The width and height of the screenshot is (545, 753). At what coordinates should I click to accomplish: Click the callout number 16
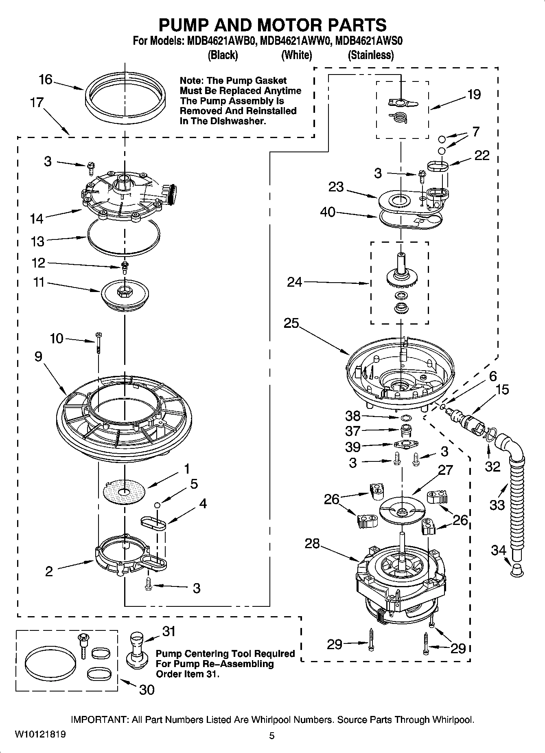pyautogui.click(x=46, y=79)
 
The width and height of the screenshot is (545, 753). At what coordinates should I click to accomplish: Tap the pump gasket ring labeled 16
pyautogui.click(x=126, y=111)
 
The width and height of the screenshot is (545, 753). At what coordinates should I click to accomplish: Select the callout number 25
pyautogui.click(x=291, y=324)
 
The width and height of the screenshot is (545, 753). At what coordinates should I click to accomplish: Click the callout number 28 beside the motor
pyautogui.click(x=312, y=544)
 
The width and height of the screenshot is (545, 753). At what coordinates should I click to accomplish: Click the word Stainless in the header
pyautogui.click(x=370, y=55)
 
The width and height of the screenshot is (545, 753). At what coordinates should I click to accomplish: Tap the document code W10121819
pyautogui.click(x=40, y=734)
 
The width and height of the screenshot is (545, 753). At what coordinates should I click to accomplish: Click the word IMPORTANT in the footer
pyautogui.click(x=99, y=720)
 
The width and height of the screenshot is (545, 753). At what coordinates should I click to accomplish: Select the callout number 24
pyautogui.click(x=295, y=282)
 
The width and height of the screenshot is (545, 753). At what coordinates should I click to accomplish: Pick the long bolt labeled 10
pyautogui.click(x=99, y=345)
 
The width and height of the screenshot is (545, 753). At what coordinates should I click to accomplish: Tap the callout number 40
pyautogui.click(x=328, y=212)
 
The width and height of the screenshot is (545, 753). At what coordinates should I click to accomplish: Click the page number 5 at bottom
pyautogui.click(x=272, y=735)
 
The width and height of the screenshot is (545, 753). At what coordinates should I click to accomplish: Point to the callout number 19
pyautogui.click(x=474, y=94)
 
